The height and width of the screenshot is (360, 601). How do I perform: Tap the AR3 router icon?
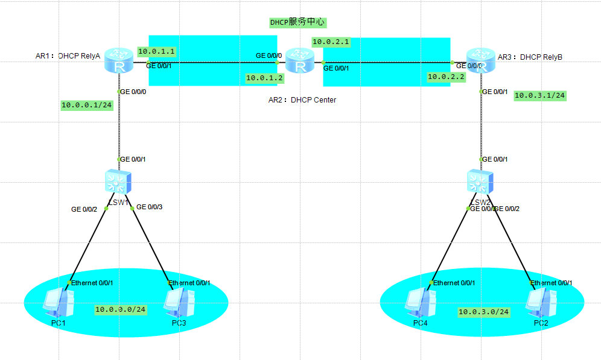[481, 60]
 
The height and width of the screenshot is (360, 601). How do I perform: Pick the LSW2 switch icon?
[481, 182]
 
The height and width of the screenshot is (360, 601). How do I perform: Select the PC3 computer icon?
[179, 302]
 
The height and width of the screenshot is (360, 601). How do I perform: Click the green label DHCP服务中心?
[297, 22]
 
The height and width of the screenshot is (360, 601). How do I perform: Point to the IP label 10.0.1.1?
[156, 52]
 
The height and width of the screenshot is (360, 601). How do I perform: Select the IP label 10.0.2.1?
[331, 42]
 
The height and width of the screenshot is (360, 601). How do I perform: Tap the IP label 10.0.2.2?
[445, 77]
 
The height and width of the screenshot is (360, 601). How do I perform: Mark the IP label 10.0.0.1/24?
[87, 105]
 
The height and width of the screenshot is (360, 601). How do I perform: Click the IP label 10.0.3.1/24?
[539, 95]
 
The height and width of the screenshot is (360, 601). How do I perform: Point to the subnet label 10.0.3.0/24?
[483, 312]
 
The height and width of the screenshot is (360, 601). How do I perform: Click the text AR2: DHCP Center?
[302, 99]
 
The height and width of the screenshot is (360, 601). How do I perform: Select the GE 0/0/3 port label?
[150, 207]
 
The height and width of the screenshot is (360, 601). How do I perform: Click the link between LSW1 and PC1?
[89, 245]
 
